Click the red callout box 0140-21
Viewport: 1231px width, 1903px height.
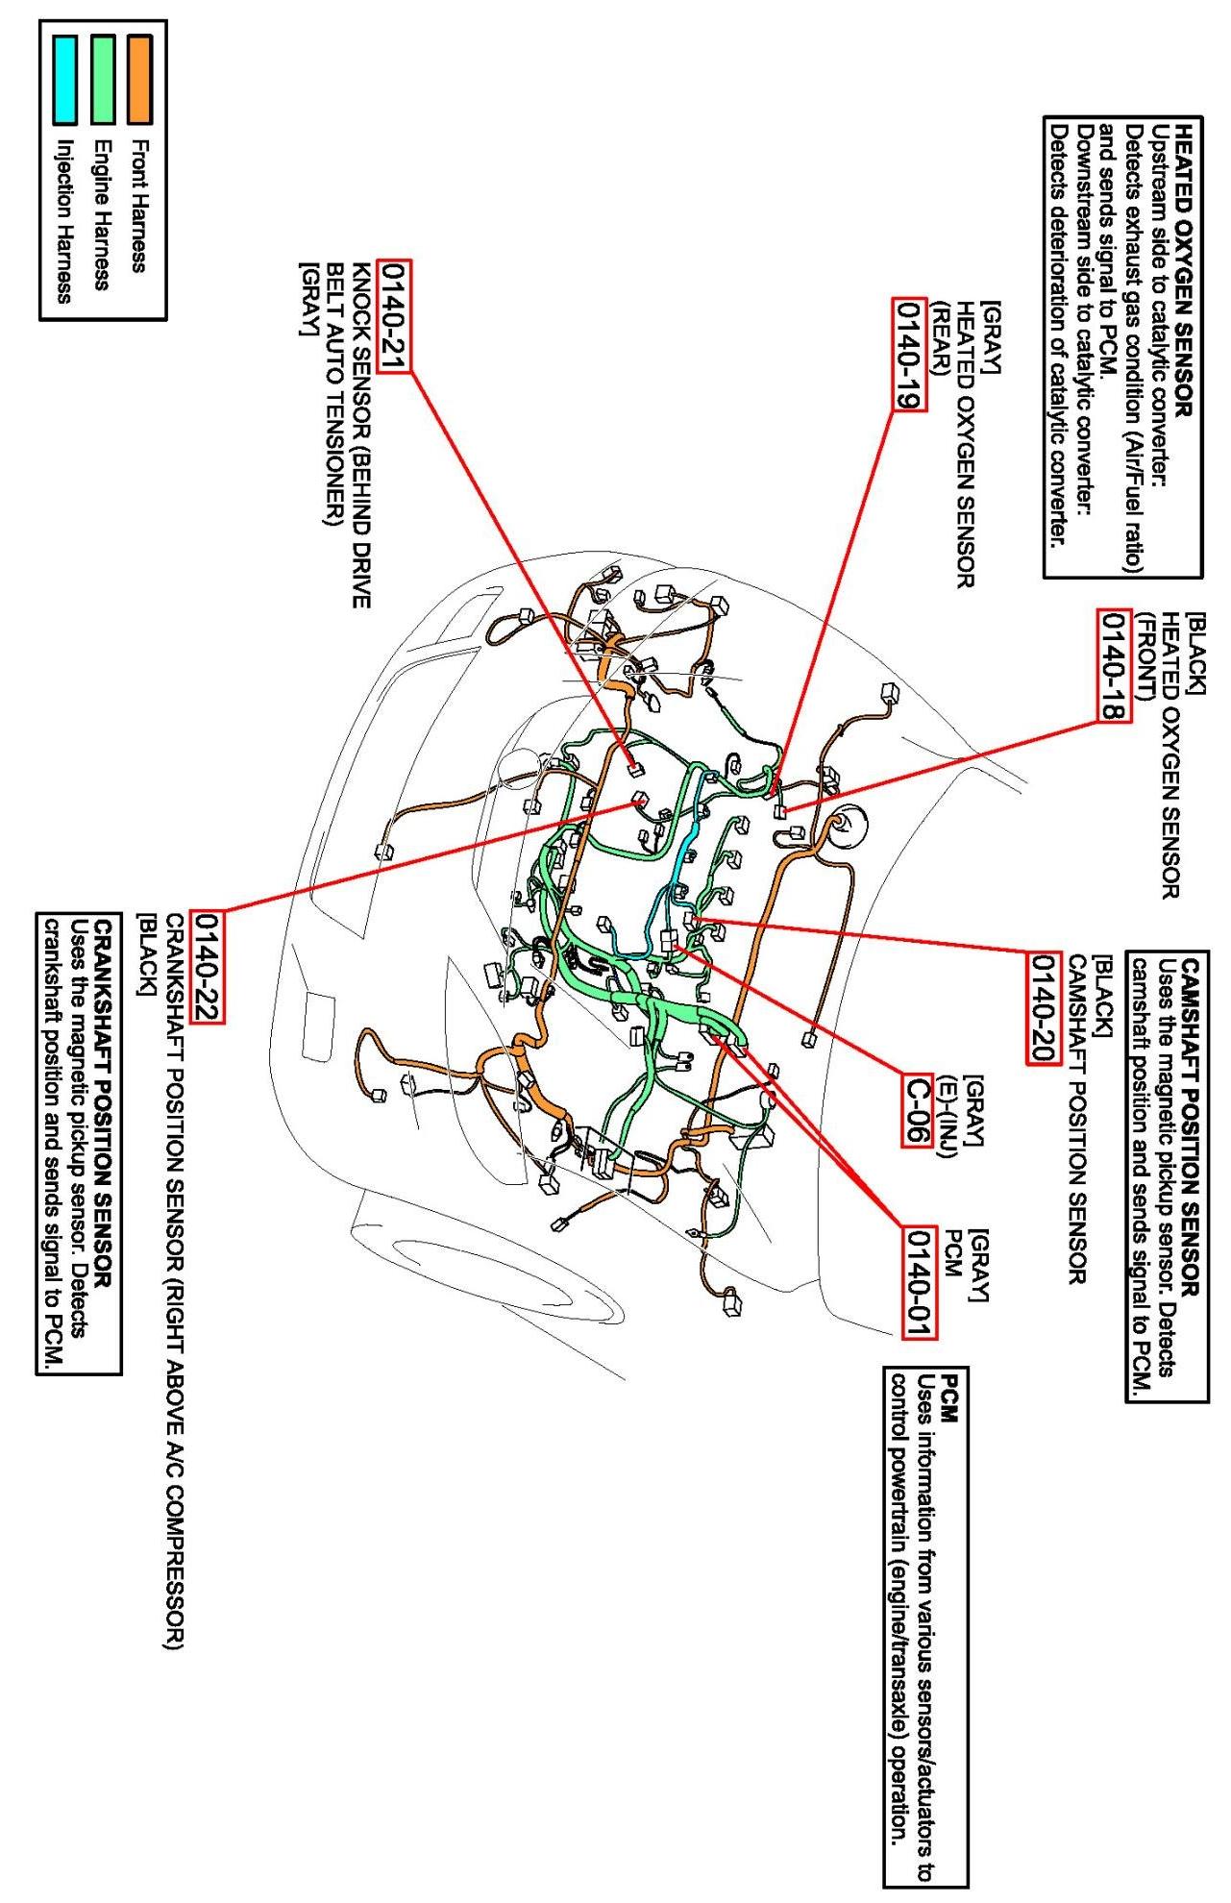click(395, 315)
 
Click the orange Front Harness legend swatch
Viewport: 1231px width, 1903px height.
click(140, 80)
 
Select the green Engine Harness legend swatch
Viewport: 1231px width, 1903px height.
click(103, 80)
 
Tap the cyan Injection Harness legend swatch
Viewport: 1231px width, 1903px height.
click(65, 80)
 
